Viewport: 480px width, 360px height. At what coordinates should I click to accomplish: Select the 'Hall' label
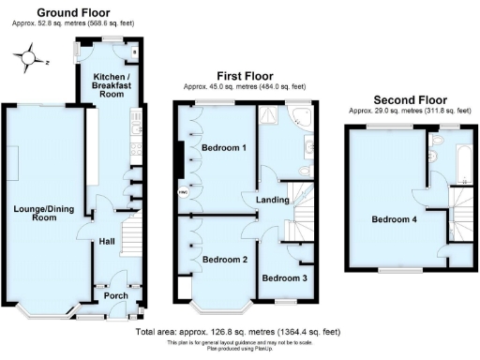point(107,241)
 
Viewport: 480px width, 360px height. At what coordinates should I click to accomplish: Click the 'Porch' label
point(116,295)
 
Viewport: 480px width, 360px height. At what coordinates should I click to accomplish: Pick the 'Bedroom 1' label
point(224,148)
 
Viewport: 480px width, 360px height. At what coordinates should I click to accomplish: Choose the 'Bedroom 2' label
point(224,259)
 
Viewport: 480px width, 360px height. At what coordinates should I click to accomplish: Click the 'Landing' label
point(258,199)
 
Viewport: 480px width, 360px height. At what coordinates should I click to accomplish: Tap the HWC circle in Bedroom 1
point(183,194)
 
